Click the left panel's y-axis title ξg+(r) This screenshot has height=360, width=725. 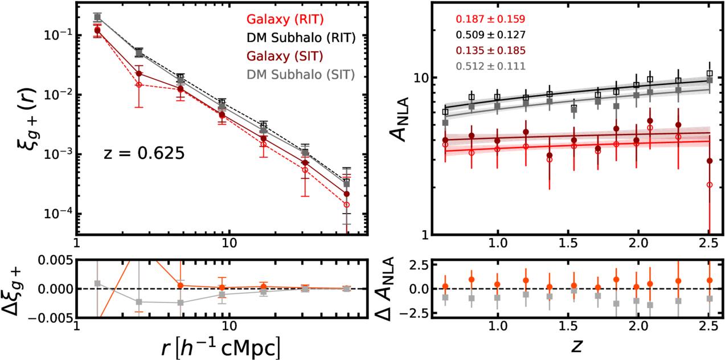pyautogui.click(x=25, y=121)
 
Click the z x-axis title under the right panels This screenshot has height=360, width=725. pyautogui.click(x=575, y=345)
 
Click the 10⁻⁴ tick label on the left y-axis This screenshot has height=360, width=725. pyautogui.click(x=57, y=214)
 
